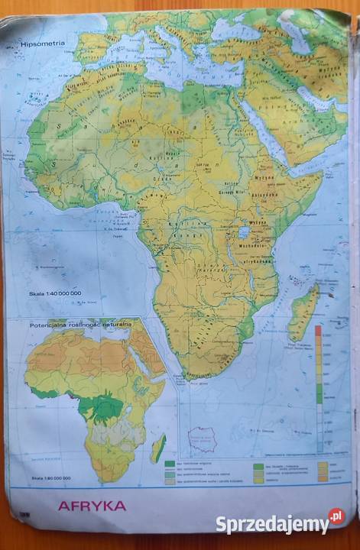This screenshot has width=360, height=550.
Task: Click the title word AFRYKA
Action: pos(92,506)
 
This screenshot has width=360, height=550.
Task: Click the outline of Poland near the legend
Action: pos(203,440)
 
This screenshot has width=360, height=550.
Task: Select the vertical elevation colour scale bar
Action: pos(319,390)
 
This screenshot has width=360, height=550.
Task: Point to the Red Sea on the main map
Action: pos(264,134)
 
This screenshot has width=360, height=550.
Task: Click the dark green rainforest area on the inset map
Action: pos(103,409)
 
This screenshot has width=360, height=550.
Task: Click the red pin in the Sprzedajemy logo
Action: pos(336,517)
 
